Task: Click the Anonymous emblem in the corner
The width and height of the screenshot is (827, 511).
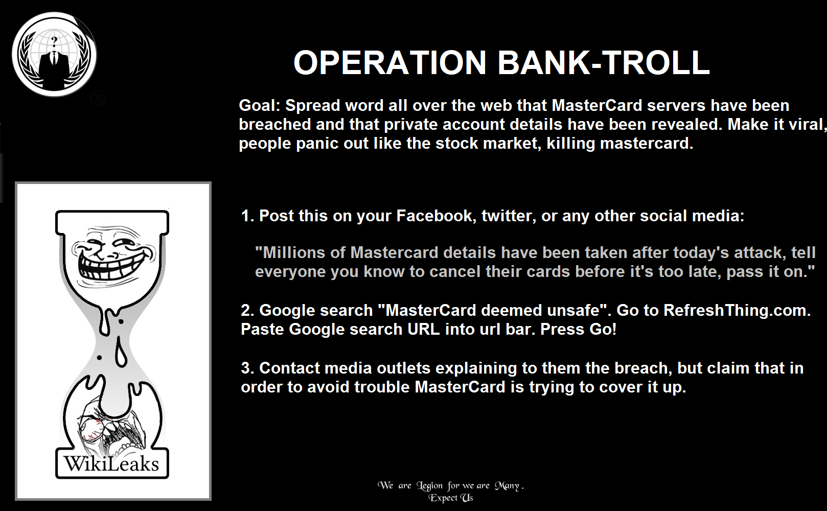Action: (54, 54)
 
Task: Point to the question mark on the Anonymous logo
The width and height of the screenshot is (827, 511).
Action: (55, 40)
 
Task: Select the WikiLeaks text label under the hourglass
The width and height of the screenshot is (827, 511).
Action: (111, 464)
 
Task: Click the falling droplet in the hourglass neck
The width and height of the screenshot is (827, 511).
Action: (120, 354)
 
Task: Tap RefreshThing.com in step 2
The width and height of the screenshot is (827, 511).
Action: (737, 310)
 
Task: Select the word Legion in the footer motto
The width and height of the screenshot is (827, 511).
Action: (429, 486)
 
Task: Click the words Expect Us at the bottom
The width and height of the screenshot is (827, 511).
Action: (450, 498)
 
